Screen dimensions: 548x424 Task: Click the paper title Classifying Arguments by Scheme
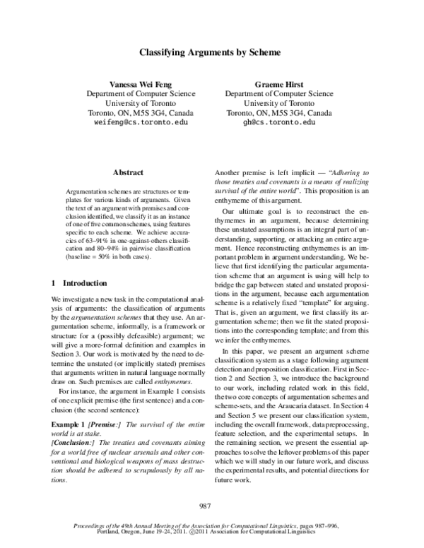click(x=209, y=52)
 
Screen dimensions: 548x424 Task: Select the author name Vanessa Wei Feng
click(x=141, y=83)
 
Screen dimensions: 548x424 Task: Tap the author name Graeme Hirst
click(x=278, y=83)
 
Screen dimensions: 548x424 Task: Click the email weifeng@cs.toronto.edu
click(x=141, y=122)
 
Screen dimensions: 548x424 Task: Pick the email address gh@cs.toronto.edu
click(x=278, y=122)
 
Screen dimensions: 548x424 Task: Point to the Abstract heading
click(x=127, y=172)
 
